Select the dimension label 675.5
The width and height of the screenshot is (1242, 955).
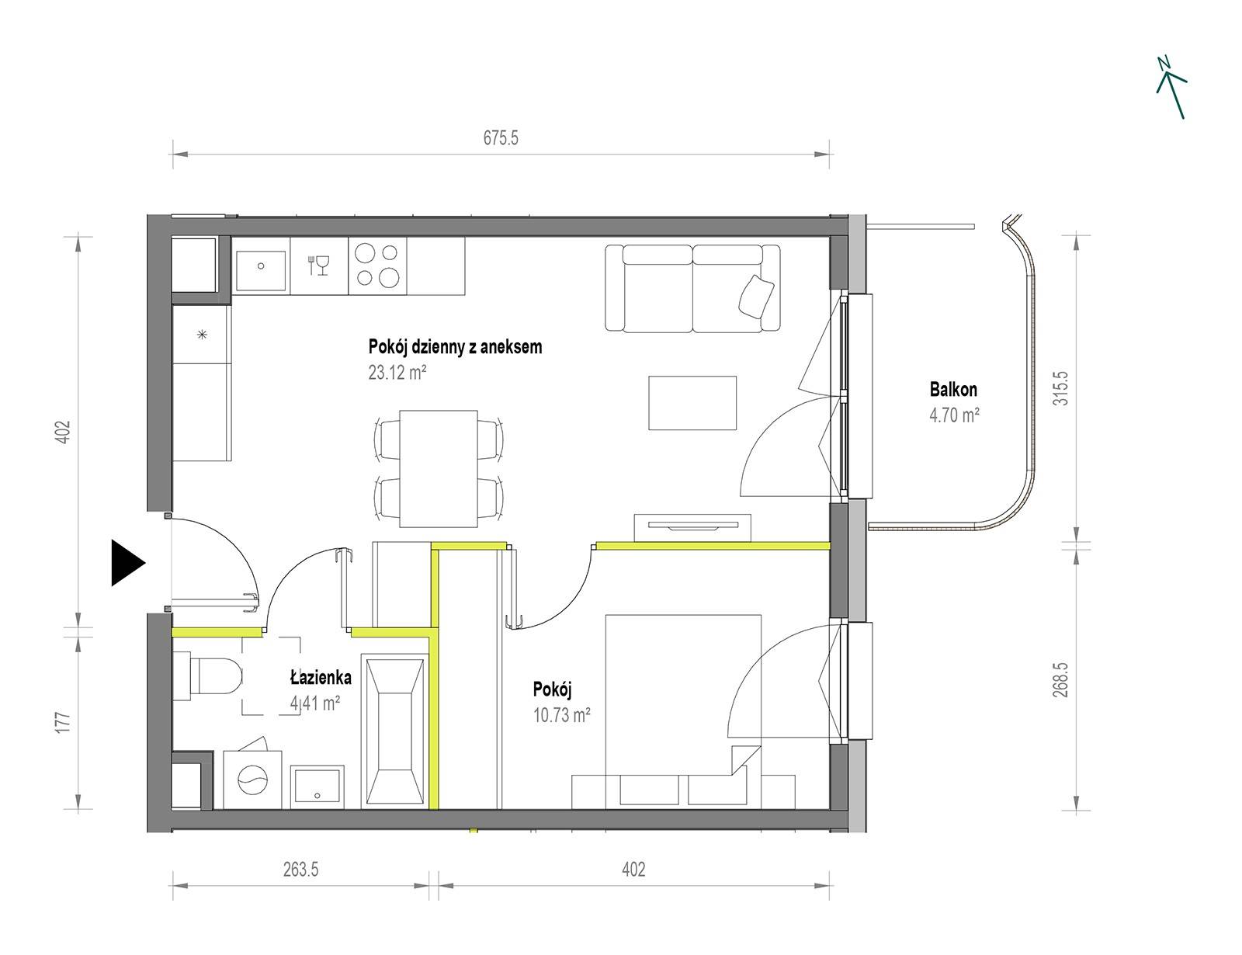click(501, 137)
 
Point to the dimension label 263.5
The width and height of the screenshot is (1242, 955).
click(300, 870)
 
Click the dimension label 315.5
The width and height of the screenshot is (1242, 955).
click(1060, 389)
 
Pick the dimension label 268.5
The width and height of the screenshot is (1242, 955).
click(1060, 679)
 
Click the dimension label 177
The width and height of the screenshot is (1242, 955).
click(64, 722)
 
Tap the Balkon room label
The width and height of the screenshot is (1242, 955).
click(953, 389)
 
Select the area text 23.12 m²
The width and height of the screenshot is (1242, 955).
click(397, 373)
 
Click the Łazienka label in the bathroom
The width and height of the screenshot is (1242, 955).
click(321, 678)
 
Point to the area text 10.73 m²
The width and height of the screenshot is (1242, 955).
click(561, 715)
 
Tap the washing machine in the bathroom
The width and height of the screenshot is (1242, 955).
click(252, 779)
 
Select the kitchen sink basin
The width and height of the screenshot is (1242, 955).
click(261, 266)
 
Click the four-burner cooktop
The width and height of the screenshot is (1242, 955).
click(377, 266)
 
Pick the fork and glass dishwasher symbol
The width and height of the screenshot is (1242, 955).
click(319, 266)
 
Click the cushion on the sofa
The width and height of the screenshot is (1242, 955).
click(757, 297)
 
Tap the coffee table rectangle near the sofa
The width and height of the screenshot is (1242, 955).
click(692, 403)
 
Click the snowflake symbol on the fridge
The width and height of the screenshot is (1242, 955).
click(202, 335)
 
